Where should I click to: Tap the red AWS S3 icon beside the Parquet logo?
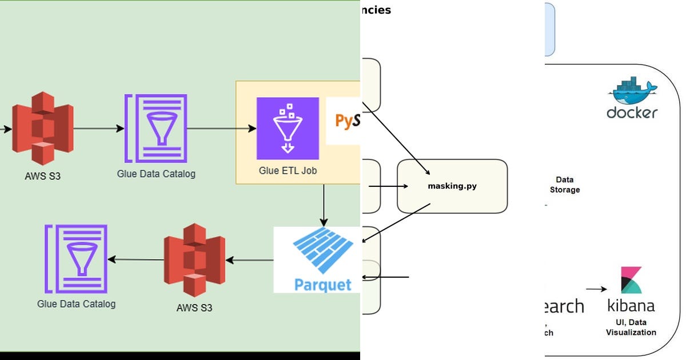[194, 259]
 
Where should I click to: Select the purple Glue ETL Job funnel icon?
[288, 128]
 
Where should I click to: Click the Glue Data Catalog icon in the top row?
[155, 129]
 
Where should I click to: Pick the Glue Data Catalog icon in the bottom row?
[76, 259]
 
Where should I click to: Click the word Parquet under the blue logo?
[322, 284]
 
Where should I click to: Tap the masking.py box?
[452, 186]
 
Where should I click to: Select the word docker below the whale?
[632, 113]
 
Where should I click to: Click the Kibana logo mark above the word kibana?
[631, 280]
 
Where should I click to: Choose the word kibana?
[631, 306]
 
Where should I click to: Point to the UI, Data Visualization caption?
[631, 327]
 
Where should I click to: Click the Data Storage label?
[564, 185]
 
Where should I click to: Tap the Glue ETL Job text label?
[288, 170]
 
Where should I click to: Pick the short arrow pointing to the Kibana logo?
[596, 289]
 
